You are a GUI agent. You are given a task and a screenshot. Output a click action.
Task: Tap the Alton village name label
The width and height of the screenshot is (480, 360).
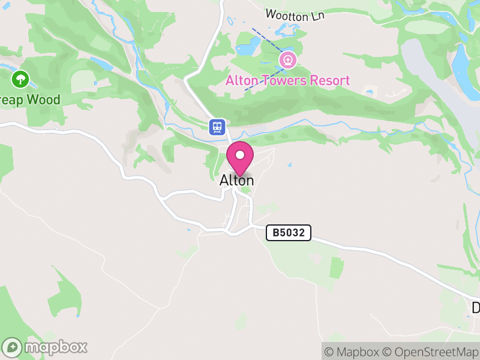point(236,180)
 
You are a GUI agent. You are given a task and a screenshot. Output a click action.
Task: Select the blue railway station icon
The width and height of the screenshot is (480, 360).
point(217,127)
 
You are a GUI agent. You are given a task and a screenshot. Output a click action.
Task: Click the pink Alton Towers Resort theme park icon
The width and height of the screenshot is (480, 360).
point(288,60)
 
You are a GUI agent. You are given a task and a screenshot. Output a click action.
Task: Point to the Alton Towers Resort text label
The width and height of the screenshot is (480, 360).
point(287,80)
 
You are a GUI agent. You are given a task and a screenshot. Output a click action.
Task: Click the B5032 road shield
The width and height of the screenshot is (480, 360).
point(289,233)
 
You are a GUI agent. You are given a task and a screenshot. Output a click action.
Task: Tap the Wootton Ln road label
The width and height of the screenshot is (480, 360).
point(295,15)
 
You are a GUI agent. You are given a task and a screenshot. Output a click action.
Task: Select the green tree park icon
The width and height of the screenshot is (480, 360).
point(21,78)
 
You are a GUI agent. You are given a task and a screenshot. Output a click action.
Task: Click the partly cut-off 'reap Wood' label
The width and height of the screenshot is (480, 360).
point(30,99)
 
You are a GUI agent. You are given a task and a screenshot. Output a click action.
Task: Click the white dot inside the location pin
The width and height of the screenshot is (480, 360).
point(240,155)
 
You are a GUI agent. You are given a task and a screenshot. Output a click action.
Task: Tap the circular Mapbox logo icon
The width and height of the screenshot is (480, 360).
point(13,347)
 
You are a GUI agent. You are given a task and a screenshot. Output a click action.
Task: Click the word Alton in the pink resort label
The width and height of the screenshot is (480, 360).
point(240,80)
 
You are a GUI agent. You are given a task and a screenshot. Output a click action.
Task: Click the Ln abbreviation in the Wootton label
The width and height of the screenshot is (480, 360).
point(317,17)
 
